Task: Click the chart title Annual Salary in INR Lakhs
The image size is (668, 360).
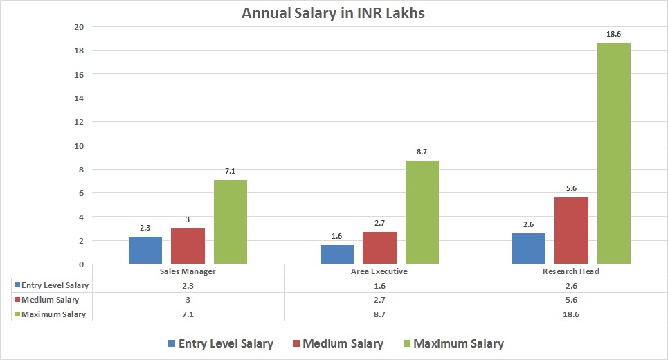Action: coord(333,13)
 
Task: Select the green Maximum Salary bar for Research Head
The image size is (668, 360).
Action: coord(613,153)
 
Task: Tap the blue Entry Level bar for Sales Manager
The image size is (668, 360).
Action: coord(145,250)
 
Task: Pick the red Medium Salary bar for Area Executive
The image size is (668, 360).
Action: coord(379,248)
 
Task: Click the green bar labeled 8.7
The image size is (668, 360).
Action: coord(422,212)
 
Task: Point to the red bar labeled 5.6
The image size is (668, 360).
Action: coord(571,231)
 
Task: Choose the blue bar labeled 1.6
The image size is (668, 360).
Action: coord(337,254)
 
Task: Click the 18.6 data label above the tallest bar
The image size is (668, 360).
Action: coord(613,33)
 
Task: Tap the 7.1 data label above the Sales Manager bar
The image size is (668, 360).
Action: coord(231,170)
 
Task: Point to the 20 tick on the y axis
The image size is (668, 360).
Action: coord(79,27)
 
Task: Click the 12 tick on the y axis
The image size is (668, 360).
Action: coord(79,122)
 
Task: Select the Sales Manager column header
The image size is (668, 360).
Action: coord(188,271)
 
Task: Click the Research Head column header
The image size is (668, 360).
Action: coord(571,271)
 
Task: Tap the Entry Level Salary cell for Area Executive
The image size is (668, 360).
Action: coord(379,285)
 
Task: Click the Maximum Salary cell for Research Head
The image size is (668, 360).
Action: coord(571,314)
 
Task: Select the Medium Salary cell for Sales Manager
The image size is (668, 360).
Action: coord(188,300)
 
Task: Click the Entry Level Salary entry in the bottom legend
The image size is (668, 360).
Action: coord(226,343)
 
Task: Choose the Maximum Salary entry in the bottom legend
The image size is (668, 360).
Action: coord(458,343)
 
